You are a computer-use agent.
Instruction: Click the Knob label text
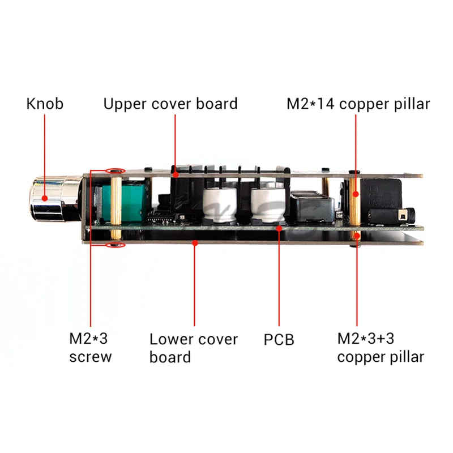click(x=45, y=104)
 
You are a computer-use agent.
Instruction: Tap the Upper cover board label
click(x=170, y=104)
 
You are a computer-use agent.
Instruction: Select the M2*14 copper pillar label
click(x=358, y=104)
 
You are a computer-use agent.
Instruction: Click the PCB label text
click(x=279, y=340)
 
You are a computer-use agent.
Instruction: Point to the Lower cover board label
click(x=194, y=348)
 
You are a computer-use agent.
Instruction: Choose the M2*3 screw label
click(x=90, y=348)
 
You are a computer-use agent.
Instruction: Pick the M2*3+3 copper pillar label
click(x=381, y=348)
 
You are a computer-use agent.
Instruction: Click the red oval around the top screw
click(x=116, y=171)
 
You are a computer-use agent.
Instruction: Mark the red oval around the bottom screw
click(x=116, y=245)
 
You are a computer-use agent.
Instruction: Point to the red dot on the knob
click(x=45, y=198)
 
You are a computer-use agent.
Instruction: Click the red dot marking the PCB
click(x=279, y=229)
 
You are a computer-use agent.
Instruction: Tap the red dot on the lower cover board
click(x=195, y=243)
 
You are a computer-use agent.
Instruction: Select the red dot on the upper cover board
click(x=176, y=174)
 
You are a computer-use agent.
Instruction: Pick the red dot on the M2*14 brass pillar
click(x=356, y=194)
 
